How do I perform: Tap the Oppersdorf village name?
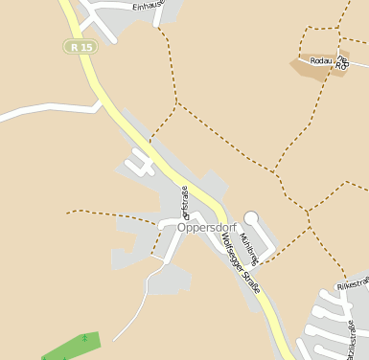[206, 228]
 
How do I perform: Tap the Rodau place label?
[328, 60]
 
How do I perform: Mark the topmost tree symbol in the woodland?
[85, 337]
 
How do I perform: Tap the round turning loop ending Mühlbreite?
[252, 218]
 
